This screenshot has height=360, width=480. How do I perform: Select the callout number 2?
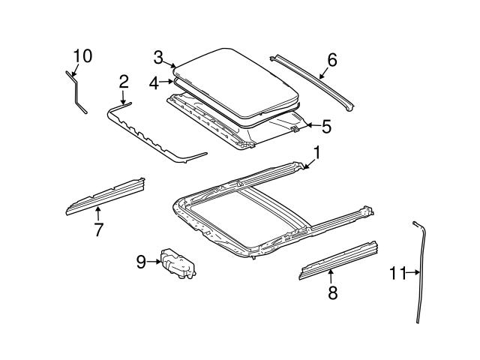pyautogui.click(x=124, y=81)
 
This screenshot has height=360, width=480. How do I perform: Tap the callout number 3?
pyautogui.click(x=158, y=57)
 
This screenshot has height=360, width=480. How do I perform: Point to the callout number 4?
pyautogui.click(x=154, y=83)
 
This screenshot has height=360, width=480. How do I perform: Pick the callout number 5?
pyautogui.click(x=326, y=125)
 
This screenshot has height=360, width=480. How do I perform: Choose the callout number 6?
pyautogui.click(x=332, y=59)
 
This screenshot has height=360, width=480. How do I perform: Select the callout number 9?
pyautogui.click(x=141, y=262)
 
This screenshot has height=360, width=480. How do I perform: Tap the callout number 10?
pyautogui.click(x=82, y=55)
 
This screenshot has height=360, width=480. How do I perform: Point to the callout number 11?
pyautogui.click(x=397, y=273)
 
